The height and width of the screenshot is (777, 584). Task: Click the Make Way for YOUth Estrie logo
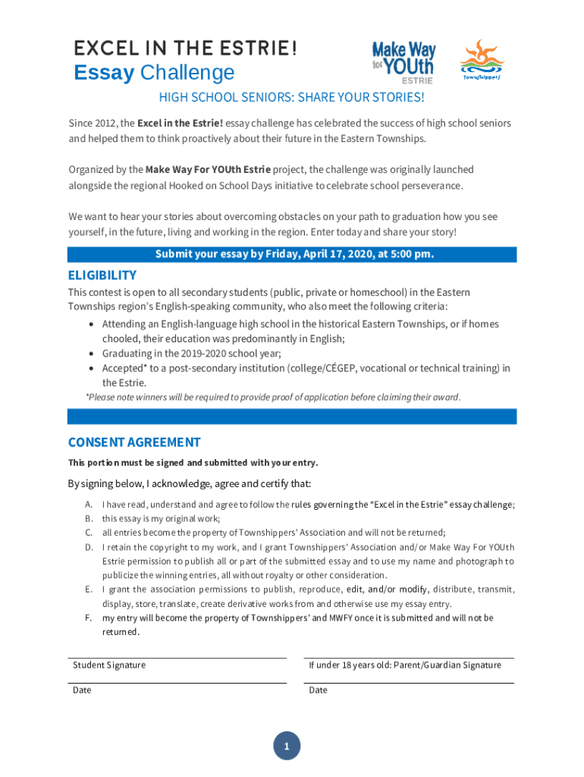click(403, 61)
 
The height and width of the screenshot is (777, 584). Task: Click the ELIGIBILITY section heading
click(102, 275)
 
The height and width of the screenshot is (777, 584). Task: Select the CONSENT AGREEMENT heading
click(134, 442)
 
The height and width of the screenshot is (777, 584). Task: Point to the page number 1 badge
click(287, 747)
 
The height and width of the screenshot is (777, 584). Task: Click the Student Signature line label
click(109, 665)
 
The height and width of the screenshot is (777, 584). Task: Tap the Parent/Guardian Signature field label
click(405, 665)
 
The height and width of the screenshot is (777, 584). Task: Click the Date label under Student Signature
click(82, 690)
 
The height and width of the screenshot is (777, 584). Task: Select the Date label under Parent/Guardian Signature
click(319, 690)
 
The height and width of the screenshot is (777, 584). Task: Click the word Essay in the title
click(104, 74)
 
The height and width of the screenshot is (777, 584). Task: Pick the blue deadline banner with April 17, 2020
click(292, 254)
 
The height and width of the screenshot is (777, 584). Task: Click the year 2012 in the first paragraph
click(105, 123)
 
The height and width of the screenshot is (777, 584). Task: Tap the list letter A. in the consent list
click(89, 505)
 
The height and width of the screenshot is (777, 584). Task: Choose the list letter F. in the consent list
click(89, 618)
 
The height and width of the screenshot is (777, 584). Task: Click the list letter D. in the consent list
click(89, 547)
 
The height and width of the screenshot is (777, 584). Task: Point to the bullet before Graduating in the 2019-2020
click(92, 354)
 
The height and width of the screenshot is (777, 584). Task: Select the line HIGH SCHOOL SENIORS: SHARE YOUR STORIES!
click(291, 98)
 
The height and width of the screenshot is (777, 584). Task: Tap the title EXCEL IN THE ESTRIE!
click(185, 49)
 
